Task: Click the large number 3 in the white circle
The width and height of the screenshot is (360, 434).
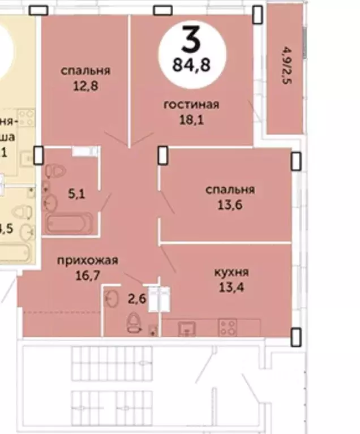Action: [192, 40]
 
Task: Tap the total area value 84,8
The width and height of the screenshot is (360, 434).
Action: [192, 65]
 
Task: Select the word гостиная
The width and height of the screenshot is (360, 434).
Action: [191, 104]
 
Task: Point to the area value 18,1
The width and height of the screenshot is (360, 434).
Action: [191, 119]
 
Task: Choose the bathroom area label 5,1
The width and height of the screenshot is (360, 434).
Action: [76, 194]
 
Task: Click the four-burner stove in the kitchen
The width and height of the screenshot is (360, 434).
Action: [228, 327]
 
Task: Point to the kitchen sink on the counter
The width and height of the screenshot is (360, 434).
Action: [185, 328]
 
